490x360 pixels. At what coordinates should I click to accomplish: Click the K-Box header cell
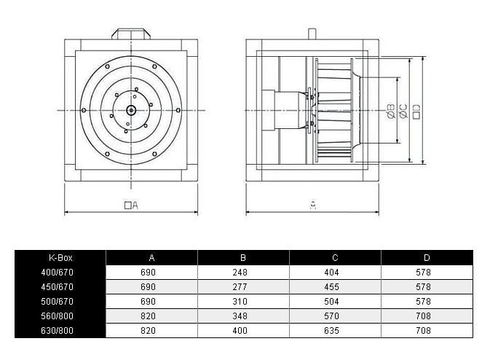coord(60,257)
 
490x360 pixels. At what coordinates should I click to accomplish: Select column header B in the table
coord(243,257)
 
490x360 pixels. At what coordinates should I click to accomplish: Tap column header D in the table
coord(426,257)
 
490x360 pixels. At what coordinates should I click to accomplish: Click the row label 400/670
coord(60,272)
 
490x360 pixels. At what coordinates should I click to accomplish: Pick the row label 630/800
coord(60,331)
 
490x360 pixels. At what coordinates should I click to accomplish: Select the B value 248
coord(243,272)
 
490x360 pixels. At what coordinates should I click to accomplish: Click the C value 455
coord(335,286)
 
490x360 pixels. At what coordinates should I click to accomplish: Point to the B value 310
coord(243,301)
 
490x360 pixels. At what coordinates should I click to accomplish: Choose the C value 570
coord(335,316)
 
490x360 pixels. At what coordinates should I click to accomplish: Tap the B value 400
coord(243,331)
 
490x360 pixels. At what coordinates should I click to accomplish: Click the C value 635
coord(335,331)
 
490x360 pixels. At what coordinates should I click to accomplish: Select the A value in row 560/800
coord(151,316)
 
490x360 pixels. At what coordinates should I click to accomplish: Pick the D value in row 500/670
coord(426,301)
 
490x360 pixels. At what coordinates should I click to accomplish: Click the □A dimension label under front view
coord(131,206)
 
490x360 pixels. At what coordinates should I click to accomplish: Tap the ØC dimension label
coord(402,111)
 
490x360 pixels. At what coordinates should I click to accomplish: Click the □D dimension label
coord(416,111)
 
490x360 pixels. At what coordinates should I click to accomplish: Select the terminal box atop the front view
coord(131,33)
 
